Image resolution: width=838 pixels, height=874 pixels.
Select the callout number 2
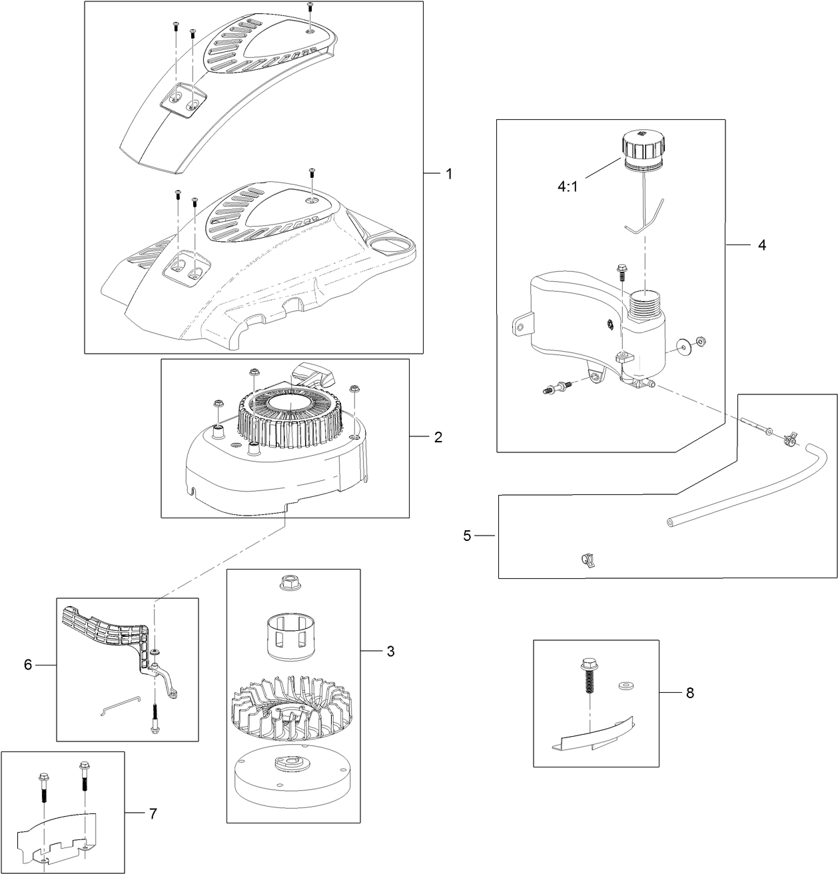(438, 437)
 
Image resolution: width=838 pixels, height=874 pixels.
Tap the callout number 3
(390, 651)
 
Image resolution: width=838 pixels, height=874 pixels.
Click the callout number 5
(468, 536)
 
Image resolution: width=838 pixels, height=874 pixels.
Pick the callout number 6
(28, 664)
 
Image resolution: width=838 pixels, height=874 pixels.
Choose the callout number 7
(153, 813)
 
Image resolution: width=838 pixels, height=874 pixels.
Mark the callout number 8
(689, 693)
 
